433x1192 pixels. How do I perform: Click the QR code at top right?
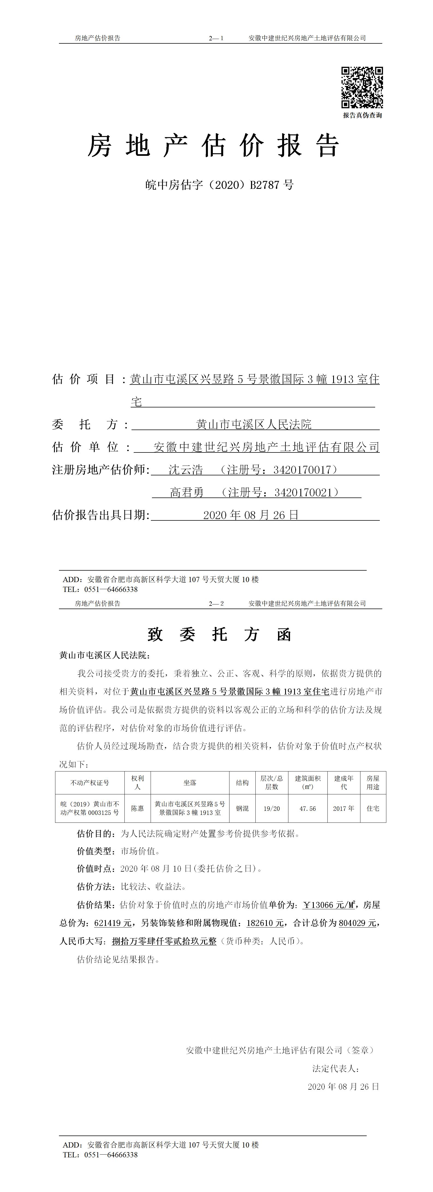click(x=362, y=87)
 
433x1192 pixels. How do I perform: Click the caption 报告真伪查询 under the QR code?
click(x=362, y=115)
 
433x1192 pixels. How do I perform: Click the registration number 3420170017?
click(x=303, y=470)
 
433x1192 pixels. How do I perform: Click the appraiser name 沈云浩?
click(x=186, y=470)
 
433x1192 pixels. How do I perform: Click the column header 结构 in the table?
click(x=242, y=782)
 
